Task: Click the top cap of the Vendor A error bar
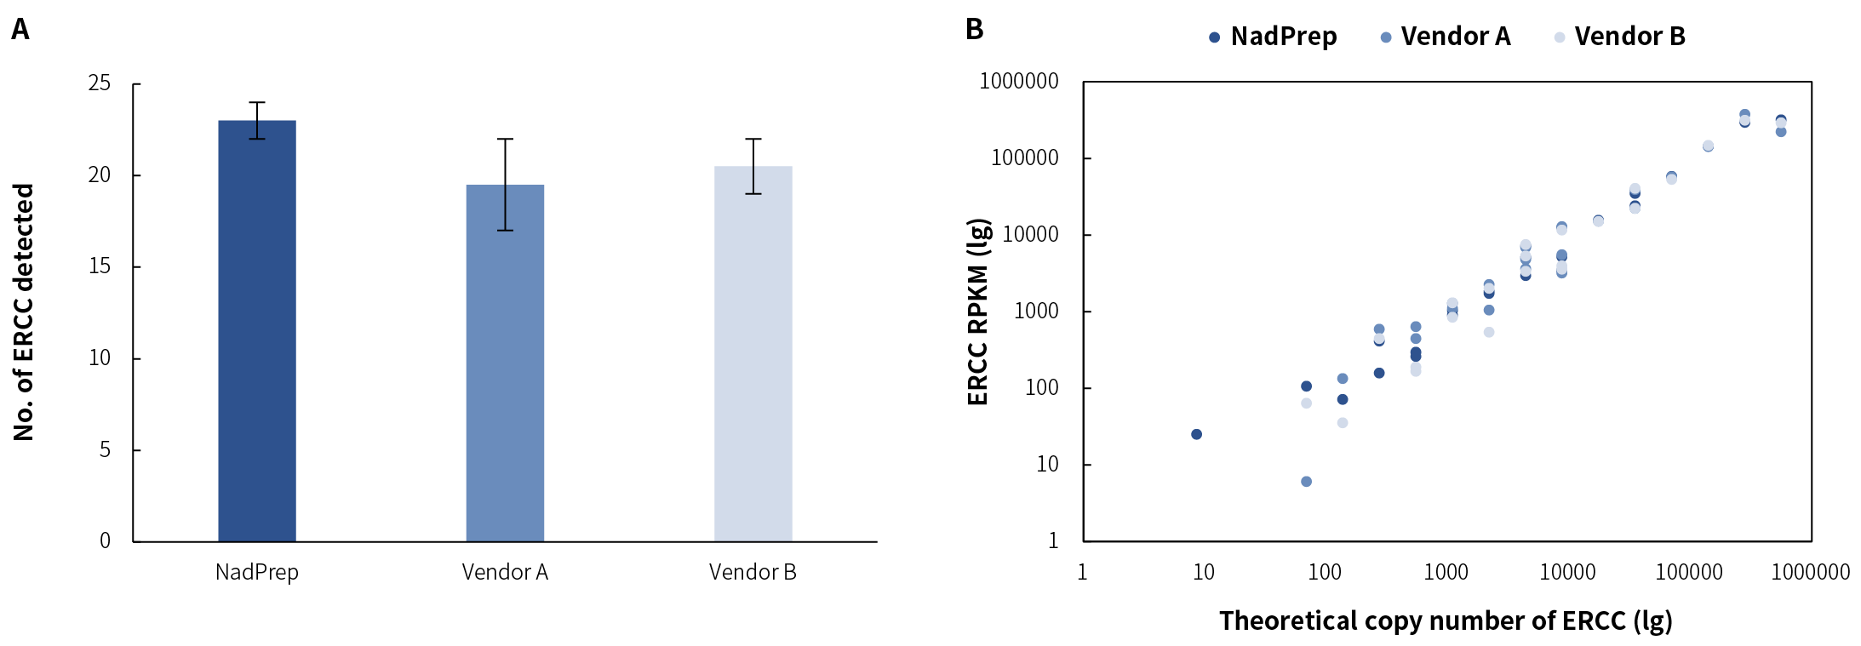click(505, 139)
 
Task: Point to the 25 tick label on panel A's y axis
click(100, 83)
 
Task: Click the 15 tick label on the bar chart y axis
click(100, 266)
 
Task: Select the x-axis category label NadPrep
click(257, 572)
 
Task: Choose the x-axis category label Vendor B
click(753, 572)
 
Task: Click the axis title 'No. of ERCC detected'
click(24, 312)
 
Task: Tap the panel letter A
click(20, 30)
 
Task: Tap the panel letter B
click(975, 30)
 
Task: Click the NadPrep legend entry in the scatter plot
click(1274, 37)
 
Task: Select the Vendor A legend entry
click(1446, 37)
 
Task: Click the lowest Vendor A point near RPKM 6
click(1306, 482)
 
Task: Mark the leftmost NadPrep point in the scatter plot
click(1196, 434)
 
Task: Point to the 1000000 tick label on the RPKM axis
click(1019, 82)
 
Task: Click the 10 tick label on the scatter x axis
click(1203, 572)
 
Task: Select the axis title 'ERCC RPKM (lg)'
click(979, 312)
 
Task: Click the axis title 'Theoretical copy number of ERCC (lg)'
click(1446, 620)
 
